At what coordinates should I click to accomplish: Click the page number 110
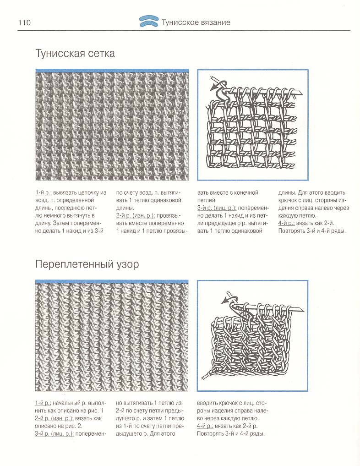click(x=24, y=22)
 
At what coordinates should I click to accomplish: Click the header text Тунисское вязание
click(x=196, y=22)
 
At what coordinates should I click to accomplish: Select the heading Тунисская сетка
click(x=75, y=54)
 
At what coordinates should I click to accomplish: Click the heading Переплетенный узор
click(x=87, y=264)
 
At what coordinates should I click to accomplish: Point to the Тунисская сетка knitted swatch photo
click(x=112, y=125)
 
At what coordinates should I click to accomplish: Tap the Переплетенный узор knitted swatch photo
click(x=112, y=335)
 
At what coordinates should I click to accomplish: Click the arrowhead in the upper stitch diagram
click(x=213, y=87)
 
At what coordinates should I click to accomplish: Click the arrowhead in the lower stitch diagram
click(x=224, y=301)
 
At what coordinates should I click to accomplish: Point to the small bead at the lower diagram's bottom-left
click(x=209, y=374)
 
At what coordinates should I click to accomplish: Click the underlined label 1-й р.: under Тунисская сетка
click(x=44, y=193)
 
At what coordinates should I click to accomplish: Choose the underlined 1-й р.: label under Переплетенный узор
click(x=44, y=403)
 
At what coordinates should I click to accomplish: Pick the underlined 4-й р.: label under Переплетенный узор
click(x=209, y=426)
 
